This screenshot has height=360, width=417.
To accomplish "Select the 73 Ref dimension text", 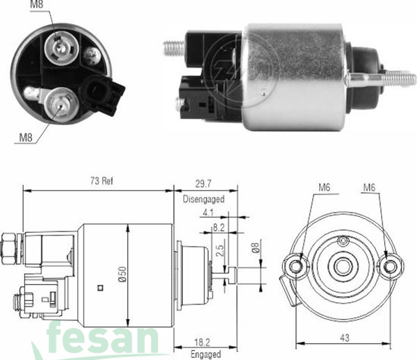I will (x=101, y=181).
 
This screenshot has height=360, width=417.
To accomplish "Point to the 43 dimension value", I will (x=345, y=338).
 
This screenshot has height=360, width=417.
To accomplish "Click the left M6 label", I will (x=325, y=187).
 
